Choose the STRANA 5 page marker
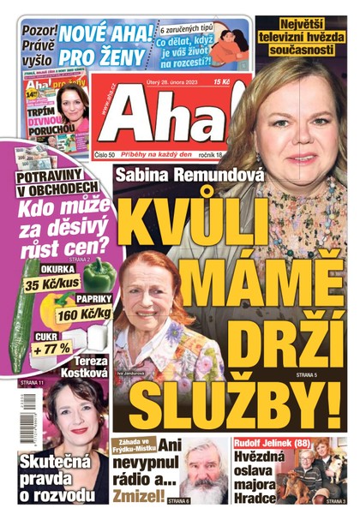pos(307,375)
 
